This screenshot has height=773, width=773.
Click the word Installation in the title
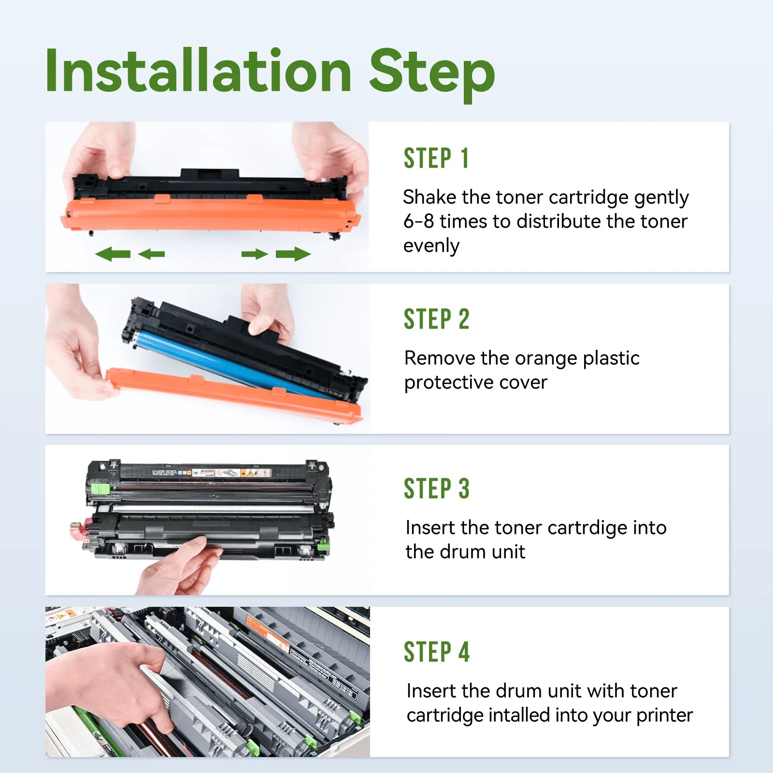199,71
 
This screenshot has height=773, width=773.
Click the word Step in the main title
432,75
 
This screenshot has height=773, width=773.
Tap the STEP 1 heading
436,158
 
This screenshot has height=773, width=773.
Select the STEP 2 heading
436,319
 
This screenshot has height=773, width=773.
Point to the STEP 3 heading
436,488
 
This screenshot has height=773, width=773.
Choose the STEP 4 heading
436,652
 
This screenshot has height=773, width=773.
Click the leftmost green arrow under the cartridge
113,254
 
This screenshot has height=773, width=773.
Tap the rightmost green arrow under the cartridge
293,254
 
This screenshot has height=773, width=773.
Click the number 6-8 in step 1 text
418,221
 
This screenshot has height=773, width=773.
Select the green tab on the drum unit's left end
101,489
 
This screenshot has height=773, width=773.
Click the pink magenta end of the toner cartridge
81,530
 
